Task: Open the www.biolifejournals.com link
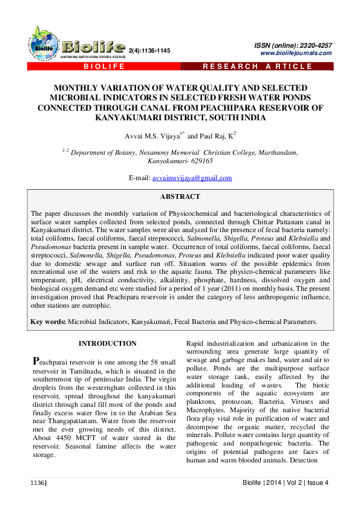click(x=296, y=53)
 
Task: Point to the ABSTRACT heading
click(x=180, y=197)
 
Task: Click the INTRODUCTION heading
click(x=108, y=343)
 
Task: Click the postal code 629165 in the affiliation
click(x=197, y=162)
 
